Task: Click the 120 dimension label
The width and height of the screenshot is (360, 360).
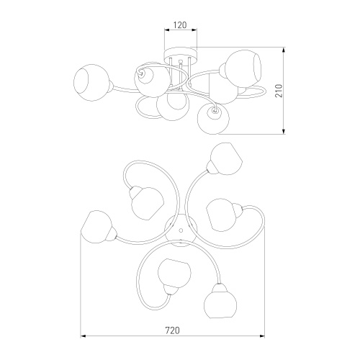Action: [x=180, y=24]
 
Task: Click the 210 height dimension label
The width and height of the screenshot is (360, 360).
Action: [x=279, y=91]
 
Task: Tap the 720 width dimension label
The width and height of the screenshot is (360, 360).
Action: [x=172, y=330]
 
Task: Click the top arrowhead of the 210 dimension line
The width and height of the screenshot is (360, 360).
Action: [x=284, y=50]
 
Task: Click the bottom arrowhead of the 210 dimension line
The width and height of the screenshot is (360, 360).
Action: [x=284, y=131]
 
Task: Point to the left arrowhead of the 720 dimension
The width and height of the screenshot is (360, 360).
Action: [x=84, y=336]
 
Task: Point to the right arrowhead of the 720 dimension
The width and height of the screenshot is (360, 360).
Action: [x=261, y=336]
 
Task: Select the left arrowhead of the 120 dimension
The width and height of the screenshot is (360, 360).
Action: [x=167, y=30]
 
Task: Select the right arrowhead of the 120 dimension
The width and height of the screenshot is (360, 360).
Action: [x=194, y=30]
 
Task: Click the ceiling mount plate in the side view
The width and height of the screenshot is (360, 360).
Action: [x=181, y=54]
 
